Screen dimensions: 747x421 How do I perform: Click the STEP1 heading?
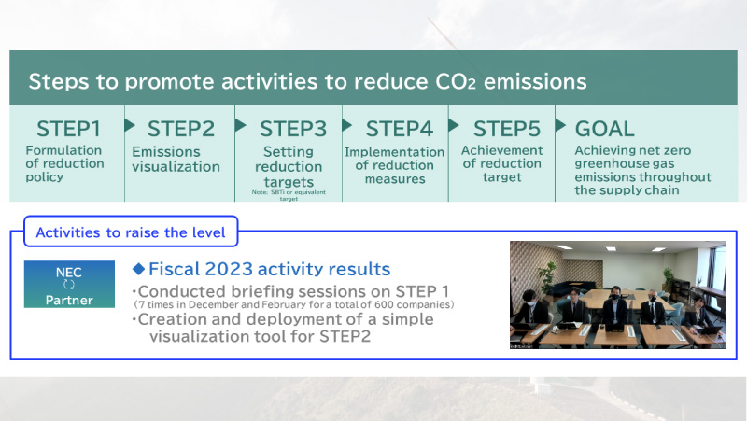(x=68, y=129)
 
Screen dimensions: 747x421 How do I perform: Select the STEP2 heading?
(x=181, y=129)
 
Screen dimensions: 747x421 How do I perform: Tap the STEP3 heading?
(x=293, y=129)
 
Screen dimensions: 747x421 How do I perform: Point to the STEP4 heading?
(x=400, y=129)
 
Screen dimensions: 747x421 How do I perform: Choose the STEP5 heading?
(x=507, y=129)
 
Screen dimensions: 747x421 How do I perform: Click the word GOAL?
(x=604, y=129)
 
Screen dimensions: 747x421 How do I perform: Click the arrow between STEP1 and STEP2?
(x=130, y=125)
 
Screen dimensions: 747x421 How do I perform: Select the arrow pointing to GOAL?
(x=560, y=125)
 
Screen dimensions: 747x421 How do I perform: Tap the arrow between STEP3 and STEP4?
(x=346, y=125)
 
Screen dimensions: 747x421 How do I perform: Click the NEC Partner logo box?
(x=69, y=284)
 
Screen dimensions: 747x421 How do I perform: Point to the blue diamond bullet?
(x=138, y=269)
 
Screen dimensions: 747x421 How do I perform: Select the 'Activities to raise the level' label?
(x=131, y=232)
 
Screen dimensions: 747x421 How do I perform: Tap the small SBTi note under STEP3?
(x=289, y=195)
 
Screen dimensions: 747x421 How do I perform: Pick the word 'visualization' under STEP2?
(x=176, y=167)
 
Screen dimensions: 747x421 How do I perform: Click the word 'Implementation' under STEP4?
(x=394, y=152)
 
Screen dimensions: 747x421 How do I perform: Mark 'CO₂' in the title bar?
(x=456, y=81)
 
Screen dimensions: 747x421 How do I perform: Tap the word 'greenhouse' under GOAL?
(x=625, y=164)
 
